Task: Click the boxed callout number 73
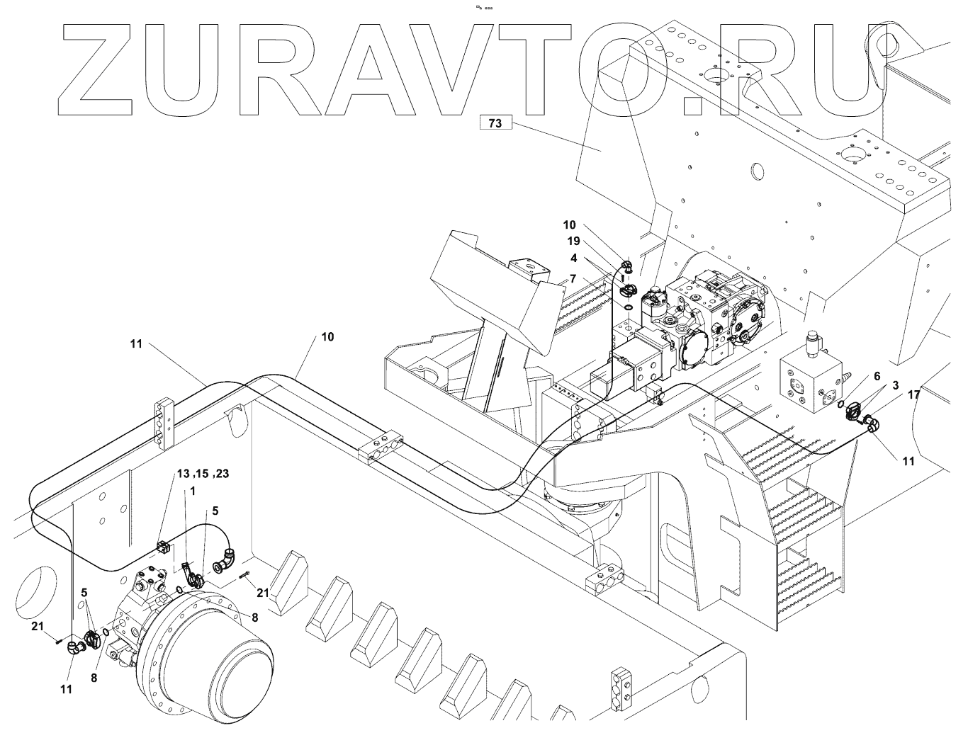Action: [495, 123]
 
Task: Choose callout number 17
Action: [913, 394]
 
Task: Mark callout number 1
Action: [192, 491]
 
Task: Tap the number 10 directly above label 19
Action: [569, 225]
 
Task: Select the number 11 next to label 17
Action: [908, 460]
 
